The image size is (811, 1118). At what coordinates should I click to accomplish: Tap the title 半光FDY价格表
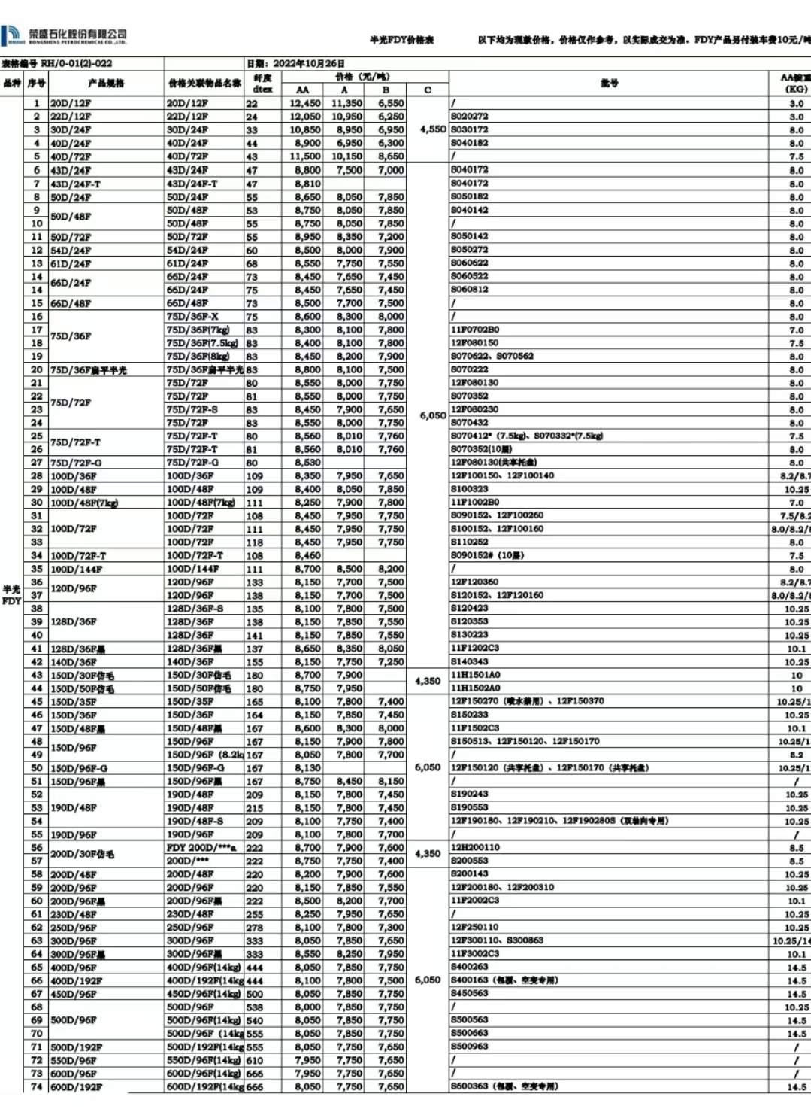pos(401,40)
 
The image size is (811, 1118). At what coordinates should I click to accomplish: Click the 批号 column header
pos(609,83)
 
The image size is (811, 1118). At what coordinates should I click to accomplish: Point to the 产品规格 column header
pos(106,83)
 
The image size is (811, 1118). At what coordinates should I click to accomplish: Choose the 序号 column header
pos(36,83)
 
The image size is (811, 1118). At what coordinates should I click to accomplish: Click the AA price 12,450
pos(304,103)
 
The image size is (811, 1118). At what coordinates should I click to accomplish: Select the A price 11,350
pos(346,103)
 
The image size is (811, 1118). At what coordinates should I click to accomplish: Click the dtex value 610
pos(255,1060)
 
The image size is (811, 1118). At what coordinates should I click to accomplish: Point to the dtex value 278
pos(255,928)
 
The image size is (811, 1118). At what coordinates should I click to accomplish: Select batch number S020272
pos(470,117)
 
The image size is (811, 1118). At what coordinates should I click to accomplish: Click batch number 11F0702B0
pos(475,330)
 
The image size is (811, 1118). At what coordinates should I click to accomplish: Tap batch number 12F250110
pos(474,927)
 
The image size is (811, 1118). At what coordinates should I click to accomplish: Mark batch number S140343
pos(470,661)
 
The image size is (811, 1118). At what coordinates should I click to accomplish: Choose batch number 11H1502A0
pos(475,688)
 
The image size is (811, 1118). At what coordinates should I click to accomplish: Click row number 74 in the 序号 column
pos(36,1086)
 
